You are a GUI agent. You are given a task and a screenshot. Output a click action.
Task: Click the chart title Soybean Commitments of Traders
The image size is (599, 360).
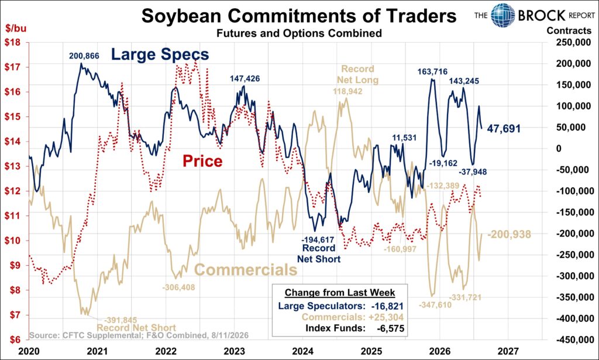pyautogui.click(x=299, y=16)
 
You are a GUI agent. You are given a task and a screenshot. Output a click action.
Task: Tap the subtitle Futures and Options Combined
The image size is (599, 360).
pyautogui.click(x=299, y=33)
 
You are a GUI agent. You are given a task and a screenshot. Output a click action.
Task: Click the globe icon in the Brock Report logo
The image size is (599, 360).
pyautogui.click(x=502, y=15)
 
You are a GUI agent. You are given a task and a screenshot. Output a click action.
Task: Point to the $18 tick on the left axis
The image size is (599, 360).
pyautogui.click(x=12, y=42)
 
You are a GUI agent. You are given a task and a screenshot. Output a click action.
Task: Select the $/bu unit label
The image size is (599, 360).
pyautogui.click(x=16, y=28)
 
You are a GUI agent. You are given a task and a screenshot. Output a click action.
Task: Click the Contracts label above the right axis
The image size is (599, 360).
pyautogui.click(x=569, y=30)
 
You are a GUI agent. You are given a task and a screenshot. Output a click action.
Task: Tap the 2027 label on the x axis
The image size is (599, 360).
pyautogui.click(x=508, y=351)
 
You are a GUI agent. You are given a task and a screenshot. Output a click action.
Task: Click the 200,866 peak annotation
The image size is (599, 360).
pyautogui.click(x=84, y=56)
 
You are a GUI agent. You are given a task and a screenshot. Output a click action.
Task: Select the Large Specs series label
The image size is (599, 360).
pyautogui.click(x=160, y=54)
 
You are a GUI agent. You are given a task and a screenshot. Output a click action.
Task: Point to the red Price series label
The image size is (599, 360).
pyautogui.click(x=202, y=161)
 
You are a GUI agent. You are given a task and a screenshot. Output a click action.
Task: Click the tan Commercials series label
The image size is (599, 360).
pyautogui.click(x=246, y=269)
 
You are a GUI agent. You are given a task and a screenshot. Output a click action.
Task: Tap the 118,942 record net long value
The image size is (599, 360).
pyautogui.click(x=347, y=91)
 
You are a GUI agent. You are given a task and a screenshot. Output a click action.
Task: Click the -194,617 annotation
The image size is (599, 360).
pyautogui.click(x=318, y=239)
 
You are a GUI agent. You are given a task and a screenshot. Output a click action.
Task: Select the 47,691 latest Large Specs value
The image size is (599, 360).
pyautogui.click(x=504, y=128)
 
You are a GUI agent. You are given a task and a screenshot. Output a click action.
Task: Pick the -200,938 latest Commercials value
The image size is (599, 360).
pyautogui.click(x=510, y=234)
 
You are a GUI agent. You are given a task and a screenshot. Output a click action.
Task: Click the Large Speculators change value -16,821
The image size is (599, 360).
pyautogui.click(x=387, y=306)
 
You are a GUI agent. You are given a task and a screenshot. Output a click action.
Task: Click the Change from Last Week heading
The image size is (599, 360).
pyautogui.click(x=340, y=293)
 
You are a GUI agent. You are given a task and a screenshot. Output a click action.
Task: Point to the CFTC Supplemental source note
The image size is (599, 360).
pyautogui.click(x=139, y=335)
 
